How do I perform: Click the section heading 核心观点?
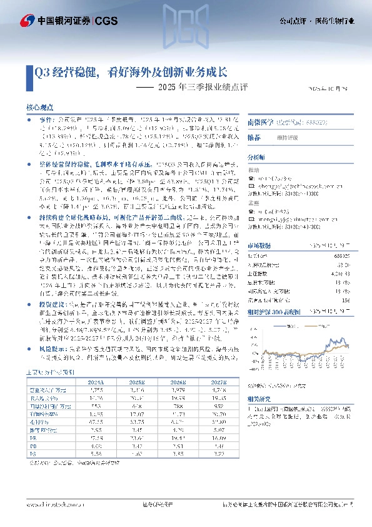39,108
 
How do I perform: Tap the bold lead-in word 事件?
44,118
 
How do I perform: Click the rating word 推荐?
254,137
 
